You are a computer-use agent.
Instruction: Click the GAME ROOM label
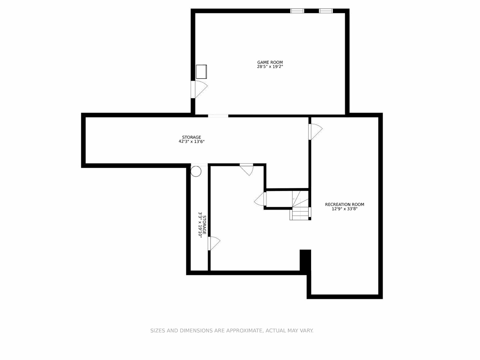point(270,62)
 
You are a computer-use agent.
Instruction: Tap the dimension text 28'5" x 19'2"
point(270,67)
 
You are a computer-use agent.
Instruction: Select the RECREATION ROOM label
point(344,205)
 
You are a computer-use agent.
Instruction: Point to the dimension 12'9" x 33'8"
point(344,209)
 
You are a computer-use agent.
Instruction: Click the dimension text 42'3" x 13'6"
point(192,142)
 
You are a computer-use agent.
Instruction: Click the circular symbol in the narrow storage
point(196,171)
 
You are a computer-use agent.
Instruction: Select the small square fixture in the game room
point(201,72)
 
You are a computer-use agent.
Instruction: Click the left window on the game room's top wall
point(297,11)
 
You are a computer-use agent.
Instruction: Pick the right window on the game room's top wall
point(326,11)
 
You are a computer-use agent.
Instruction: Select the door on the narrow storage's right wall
point(213,243)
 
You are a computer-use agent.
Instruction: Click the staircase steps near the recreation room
point(300,213)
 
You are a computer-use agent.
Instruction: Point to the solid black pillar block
point(305,260)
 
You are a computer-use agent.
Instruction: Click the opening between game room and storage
point(218,116)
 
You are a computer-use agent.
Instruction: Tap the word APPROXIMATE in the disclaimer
point(244,331)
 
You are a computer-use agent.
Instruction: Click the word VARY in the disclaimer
point(306,331)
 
